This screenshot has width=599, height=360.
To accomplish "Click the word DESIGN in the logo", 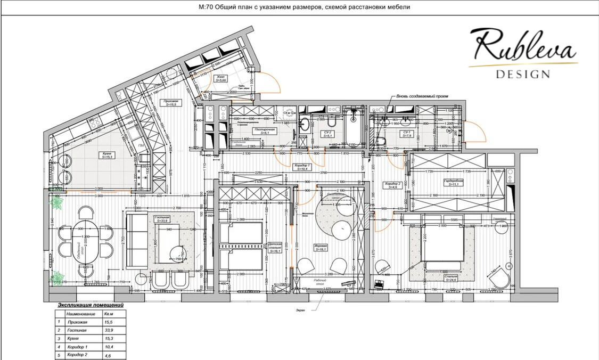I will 523,74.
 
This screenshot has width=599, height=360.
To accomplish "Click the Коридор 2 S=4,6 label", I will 395,185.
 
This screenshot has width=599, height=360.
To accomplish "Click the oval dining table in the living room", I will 86,242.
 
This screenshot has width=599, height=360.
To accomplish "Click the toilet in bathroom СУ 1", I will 380,141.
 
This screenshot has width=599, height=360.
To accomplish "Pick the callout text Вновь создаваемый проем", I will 422,96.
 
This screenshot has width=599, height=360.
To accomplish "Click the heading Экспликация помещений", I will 90,306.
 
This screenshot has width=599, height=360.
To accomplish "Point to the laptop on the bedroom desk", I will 380,284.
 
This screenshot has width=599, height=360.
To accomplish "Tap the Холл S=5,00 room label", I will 220,79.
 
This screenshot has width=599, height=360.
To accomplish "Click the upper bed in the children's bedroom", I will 241,233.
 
